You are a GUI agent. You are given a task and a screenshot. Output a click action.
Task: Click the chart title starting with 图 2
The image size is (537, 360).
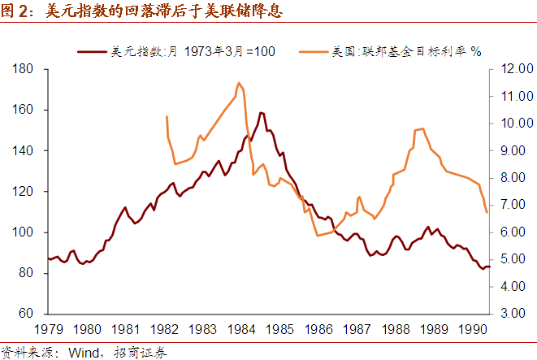135,11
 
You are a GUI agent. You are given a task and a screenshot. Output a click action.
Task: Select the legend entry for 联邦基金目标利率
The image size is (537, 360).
406,52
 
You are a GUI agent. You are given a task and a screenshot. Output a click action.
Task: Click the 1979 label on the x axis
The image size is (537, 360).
48,330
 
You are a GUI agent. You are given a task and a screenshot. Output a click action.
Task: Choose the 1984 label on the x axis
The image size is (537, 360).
240,330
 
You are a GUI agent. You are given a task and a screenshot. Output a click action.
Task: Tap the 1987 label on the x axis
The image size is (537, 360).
356,330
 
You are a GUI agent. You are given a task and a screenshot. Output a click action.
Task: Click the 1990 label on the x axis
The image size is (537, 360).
471,330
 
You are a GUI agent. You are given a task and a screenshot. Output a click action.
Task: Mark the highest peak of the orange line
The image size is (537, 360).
238,83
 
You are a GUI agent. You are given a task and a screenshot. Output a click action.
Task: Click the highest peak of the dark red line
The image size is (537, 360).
260,113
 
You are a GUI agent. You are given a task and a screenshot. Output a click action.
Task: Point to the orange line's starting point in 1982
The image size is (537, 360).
166,117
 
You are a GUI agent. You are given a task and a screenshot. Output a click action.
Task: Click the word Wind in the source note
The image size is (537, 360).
82,352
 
